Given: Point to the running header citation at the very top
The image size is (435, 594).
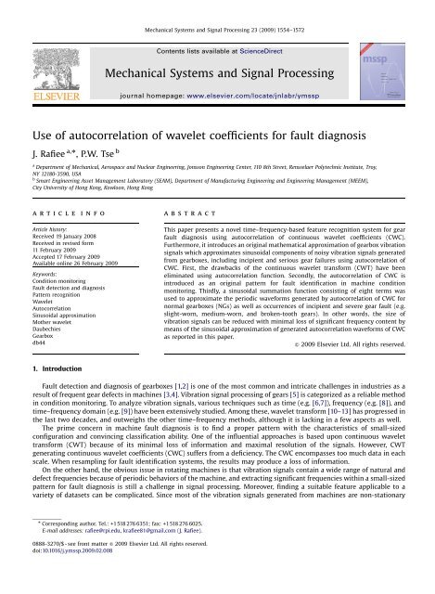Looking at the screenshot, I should [x=217, y=7].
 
